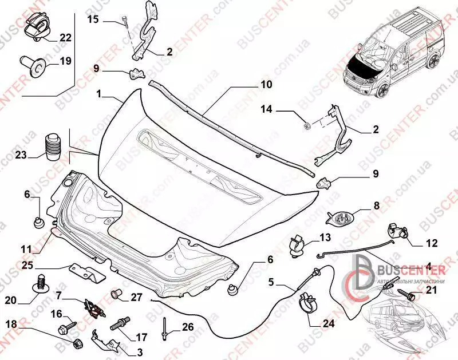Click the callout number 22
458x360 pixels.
(66, 38)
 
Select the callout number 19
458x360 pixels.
(66, 61)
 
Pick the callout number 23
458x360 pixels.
(21, 155)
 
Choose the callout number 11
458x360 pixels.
(26, 249)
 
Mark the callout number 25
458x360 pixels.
(29, 266)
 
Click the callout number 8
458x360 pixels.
(376, 204)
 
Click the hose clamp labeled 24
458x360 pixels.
(307, 302)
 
